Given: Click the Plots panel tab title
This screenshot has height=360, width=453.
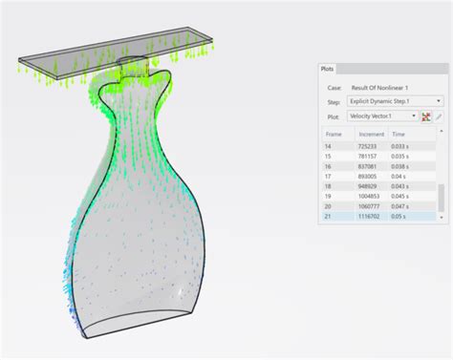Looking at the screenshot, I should click(x=327, y=70).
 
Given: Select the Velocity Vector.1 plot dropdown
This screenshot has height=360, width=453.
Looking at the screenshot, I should click(x=382, y=116).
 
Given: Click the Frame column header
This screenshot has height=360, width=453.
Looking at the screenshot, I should click(x=334, y=135).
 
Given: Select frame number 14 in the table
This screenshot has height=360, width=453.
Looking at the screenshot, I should click(x=329, y=145).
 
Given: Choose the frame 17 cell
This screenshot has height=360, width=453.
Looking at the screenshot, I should click(x=329, y=177).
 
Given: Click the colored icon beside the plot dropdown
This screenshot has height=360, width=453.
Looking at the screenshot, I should click(x=427, y=116).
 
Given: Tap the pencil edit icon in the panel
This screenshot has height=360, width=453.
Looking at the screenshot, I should click(x=440, y=116).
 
